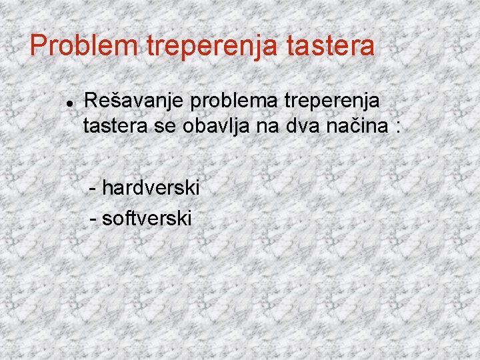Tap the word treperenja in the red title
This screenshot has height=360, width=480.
click(214, 46)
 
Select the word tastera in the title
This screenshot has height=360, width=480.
click(332, 46)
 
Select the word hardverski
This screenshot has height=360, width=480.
click(151, 188)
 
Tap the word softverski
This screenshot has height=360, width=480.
click(147, 217)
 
